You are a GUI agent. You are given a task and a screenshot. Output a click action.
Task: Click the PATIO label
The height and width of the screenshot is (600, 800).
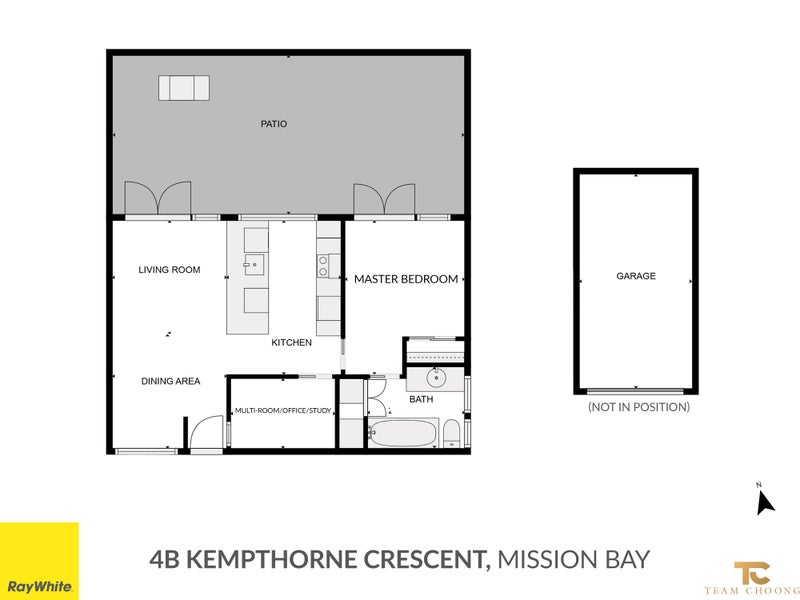pos(273,124)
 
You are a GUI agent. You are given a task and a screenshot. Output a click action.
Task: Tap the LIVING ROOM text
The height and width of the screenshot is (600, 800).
pos(169,270)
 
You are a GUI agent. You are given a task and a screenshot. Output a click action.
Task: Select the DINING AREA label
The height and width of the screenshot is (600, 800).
pos(169,381)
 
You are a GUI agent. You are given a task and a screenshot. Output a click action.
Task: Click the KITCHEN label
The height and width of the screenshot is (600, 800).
pos(292,343)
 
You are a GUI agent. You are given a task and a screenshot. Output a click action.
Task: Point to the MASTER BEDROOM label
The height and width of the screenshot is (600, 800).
pos(406,279)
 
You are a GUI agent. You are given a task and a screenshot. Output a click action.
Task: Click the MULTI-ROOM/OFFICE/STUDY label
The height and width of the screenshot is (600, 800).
pos(282,411)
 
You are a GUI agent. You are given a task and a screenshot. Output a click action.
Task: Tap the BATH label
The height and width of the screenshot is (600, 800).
pos(421,399)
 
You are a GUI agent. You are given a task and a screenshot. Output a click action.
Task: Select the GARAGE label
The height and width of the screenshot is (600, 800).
pos(635,276)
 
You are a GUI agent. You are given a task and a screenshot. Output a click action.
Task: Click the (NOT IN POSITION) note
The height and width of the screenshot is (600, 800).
pos(638,407)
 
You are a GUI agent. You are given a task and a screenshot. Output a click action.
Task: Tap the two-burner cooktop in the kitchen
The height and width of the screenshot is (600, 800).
pos(324,266)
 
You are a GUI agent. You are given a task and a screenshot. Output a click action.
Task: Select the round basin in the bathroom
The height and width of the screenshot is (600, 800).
pos(436,378)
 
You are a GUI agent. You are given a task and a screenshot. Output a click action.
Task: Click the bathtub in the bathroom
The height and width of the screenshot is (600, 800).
pos(403,435)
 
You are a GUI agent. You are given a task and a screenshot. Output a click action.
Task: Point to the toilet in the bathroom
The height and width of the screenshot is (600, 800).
pos(451,433)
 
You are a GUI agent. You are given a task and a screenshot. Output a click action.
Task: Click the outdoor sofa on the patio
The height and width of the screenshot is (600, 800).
pos(183,88)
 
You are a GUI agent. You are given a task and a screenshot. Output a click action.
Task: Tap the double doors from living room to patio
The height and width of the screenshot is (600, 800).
pos(156,198)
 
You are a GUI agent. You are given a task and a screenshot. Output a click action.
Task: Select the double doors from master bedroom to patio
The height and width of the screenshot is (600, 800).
pos(384,198)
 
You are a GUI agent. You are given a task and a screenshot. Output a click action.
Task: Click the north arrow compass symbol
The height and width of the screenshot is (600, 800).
pos(765,500)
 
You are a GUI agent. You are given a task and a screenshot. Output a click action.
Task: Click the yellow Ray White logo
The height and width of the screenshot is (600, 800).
pos(39,561)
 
